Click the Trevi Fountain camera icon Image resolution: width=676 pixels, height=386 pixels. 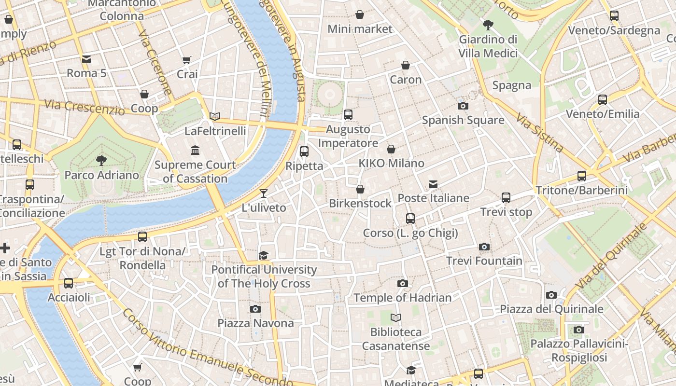tap(484, 247)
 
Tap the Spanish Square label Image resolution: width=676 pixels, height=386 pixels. tap(463, 120)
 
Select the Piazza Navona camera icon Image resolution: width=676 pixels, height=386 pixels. tap(255, 309)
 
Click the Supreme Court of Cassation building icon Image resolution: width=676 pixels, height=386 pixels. tap(195, 151)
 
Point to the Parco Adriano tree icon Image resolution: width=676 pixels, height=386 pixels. tap(101, 160)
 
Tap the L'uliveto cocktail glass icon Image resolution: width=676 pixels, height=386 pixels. tap(264, 193)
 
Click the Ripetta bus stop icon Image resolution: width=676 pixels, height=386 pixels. tap(304, 152)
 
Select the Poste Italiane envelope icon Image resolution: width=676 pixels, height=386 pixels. tap(433, 184)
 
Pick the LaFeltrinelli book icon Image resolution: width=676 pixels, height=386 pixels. tap(215, 116)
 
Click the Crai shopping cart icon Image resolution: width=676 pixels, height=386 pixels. tap(187, 60)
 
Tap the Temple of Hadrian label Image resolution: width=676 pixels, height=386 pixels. tap(402, 298)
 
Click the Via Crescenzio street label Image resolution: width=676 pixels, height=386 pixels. tap(84, 107)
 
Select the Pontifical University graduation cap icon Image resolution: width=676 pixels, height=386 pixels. tap(264, 255)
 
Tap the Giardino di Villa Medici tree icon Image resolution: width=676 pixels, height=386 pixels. tap(488, 25)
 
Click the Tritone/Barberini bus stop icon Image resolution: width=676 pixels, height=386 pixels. tap(582, 176)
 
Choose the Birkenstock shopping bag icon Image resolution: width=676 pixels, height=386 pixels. tap(360, 189)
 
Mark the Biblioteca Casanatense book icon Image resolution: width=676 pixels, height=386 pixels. tap(396, 317)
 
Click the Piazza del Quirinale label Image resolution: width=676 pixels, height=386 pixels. tap(551, 309)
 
